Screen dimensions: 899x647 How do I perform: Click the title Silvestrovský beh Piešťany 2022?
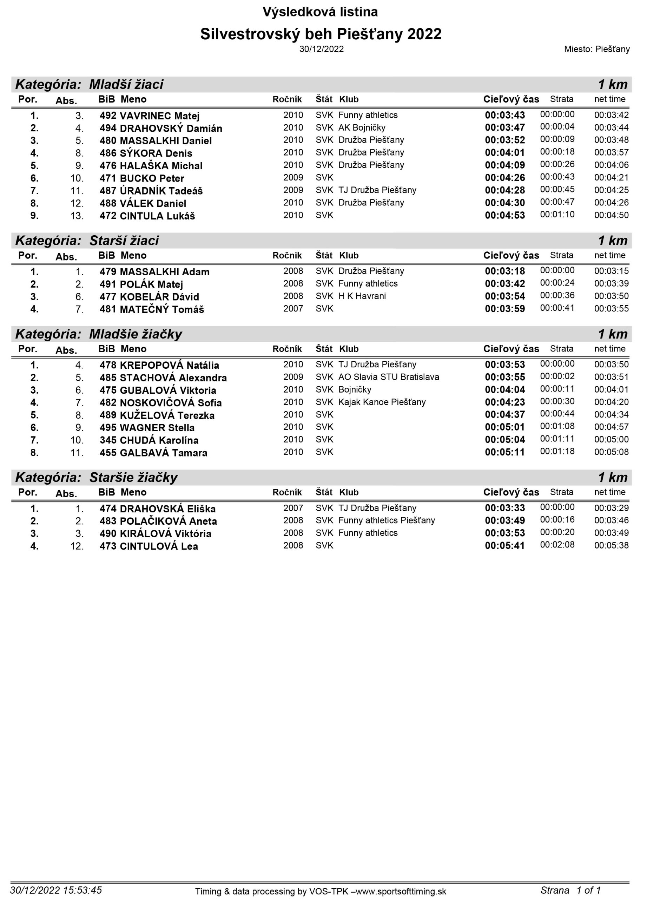click(x=321, y=34)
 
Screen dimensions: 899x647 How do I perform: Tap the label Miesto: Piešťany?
click(x=596, y=49)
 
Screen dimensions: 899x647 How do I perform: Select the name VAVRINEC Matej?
click(x=159, y=116)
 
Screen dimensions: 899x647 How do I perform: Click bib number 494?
click(x=108, y=128)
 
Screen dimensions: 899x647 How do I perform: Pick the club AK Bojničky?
click(x=361, y=127)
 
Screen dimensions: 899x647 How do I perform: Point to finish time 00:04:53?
click(x=504, y=216)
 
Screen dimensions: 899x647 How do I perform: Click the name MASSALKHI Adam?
click(x=164, y=272)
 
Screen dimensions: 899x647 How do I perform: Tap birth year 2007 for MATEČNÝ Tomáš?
click(x=293, y=309)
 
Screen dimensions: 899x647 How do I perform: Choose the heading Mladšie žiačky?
click(x=136, y=334)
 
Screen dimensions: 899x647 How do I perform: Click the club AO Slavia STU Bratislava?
click(x=388, y=377)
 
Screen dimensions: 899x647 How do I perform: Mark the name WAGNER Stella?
click(x=157, y=428)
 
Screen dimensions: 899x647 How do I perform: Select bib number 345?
click(x=108, y=440)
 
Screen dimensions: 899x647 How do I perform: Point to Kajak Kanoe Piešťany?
click(x=382, y=402)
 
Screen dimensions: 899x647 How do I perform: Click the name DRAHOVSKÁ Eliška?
click(x=167, y=509)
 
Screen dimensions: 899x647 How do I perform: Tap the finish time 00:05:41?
click(x=504, y=546)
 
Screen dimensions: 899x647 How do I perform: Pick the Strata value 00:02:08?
click(x=557, y=545)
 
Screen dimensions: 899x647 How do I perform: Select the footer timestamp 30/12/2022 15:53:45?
click(x=56, y=890)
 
